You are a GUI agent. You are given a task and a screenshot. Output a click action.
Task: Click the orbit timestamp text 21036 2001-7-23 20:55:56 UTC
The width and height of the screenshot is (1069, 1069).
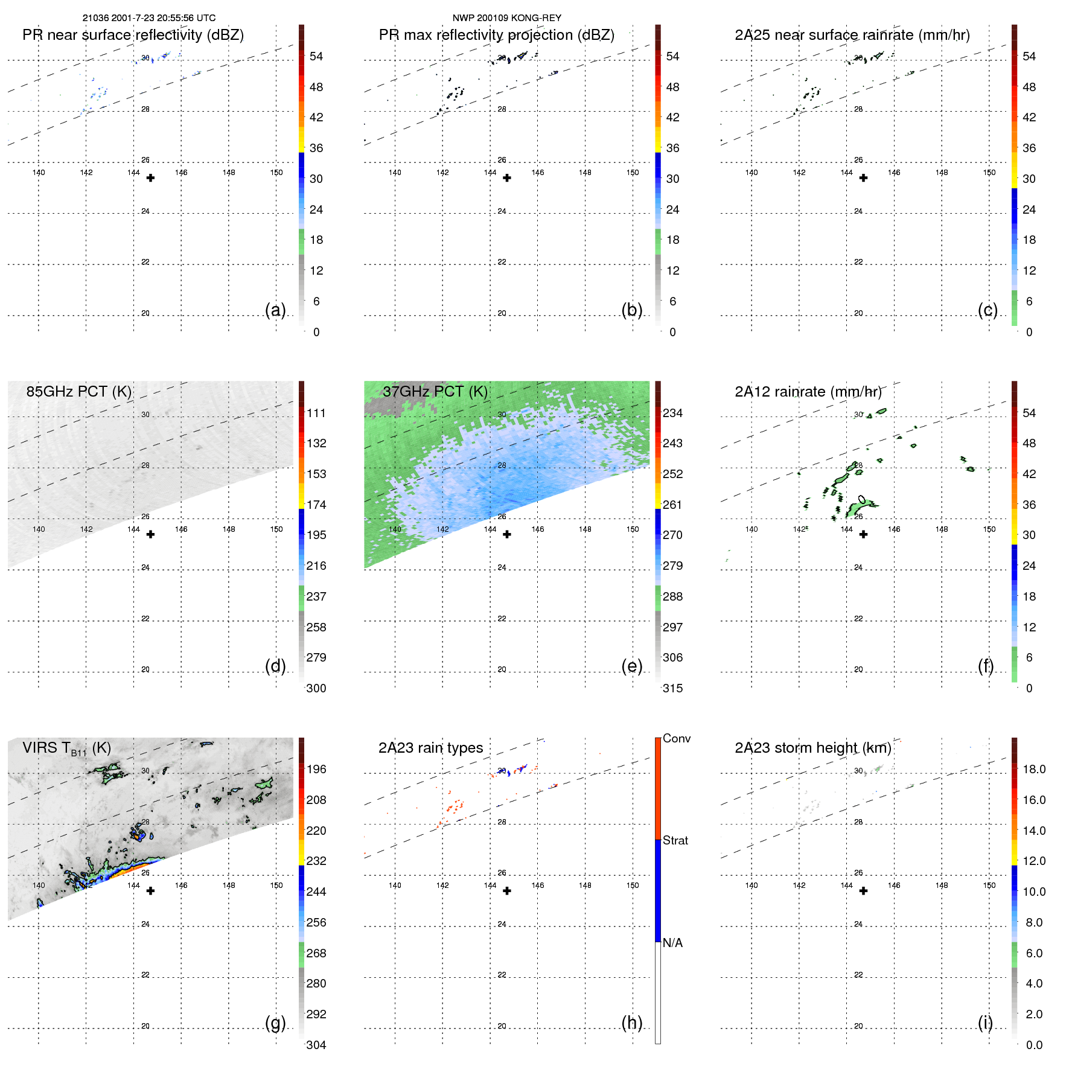click(x=149, y=18)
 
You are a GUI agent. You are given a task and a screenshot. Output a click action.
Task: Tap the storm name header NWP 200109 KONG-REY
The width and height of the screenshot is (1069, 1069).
click(x=506, y=18)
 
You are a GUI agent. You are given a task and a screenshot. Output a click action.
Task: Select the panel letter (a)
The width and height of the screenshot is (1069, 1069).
click(x=275, y=310)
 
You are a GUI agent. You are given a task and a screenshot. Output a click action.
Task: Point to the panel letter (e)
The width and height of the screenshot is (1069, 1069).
click(x=631, y=666)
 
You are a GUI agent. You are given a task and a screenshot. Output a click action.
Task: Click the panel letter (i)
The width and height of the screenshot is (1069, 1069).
click(x=985, y=1023)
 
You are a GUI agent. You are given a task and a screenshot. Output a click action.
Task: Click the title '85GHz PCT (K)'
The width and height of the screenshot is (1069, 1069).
click(x=78, y=391)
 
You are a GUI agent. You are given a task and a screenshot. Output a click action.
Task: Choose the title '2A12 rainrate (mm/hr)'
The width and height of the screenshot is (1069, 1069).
click(x=808, y=391)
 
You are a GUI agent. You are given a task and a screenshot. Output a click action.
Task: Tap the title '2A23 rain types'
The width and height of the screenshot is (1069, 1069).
click(x=430, y=748)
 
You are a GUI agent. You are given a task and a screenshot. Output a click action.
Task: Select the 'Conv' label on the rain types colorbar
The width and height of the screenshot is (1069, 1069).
click(x=676, y=738)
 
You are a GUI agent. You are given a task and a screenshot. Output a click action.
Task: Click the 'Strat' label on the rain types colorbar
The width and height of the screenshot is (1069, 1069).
click(x=675, y=840)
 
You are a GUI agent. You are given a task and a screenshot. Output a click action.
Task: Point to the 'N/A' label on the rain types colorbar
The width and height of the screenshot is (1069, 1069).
click(x=672, y=943)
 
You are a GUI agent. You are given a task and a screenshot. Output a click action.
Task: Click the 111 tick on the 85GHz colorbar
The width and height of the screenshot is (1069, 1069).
click(x=316, y=413)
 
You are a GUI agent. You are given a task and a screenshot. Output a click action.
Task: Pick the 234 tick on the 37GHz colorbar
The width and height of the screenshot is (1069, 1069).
click(x=672, y=413)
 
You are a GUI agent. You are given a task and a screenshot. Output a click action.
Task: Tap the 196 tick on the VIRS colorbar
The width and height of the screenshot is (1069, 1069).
click(x=316, y=769)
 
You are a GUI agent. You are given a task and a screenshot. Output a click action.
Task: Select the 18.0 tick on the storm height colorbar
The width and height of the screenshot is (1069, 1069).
click(x=1033, y=769)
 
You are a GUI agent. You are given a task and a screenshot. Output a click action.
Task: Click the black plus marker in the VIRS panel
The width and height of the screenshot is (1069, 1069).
click(x=150, y=891)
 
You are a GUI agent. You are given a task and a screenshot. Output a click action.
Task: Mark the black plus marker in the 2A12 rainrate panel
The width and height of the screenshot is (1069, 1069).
click(x=863, y=534)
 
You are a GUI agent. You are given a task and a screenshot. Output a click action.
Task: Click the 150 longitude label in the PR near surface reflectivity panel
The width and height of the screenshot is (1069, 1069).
click(x=276, y=173)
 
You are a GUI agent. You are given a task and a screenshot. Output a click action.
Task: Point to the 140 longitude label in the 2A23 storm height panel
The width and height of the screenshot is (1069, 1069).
click(x=751, y=886)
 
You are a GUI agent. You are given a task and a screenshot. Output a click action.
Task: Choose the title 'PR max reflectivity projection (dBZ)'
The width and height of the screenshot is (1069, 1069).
click(x=496, y=35)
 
